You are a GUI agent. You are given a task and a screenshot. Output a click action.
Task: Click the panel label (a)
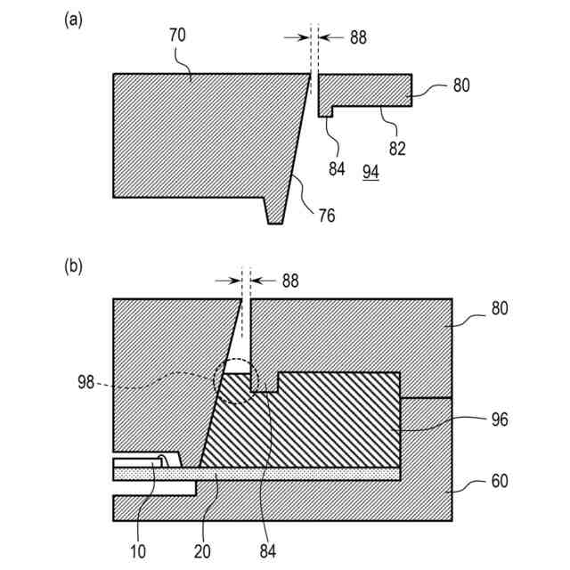click(x=73, y=20)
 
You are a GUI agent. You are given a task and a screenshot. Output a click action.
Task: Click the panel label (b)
click(x=73, y=265)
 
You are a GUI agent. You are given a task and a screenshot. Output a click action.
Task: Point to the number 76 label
click(x=326, y=215)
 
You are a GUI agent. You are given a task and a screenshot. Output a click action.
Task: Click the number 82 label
click(x=396, y=149)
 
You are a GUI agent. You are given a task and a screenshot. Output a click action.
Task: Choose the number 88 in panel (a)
click(x=358, y=37)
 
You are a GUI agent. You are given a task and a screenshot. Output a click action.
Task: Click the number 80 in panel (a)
click(x=460, y=86)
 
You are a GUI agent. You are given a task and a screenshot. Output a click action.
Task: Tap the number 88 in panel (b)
click(x=290, y=281)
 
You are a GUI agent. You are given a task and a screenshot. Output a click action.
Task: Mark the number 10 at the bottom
click(x=137, y=550)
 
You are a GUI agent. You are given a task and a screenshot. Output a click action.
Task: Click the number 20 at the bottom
click(x=204, y=550)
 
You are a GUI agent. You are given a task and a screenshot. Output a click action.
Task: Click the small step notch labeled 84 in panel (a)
click(x=326, y=110)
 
